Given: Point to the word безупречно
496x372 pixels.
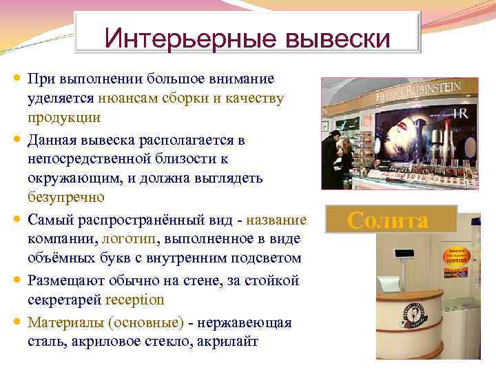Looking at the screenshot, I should point(65,198).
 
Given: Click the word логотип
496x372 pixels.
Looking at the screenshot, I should point(128,238).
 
